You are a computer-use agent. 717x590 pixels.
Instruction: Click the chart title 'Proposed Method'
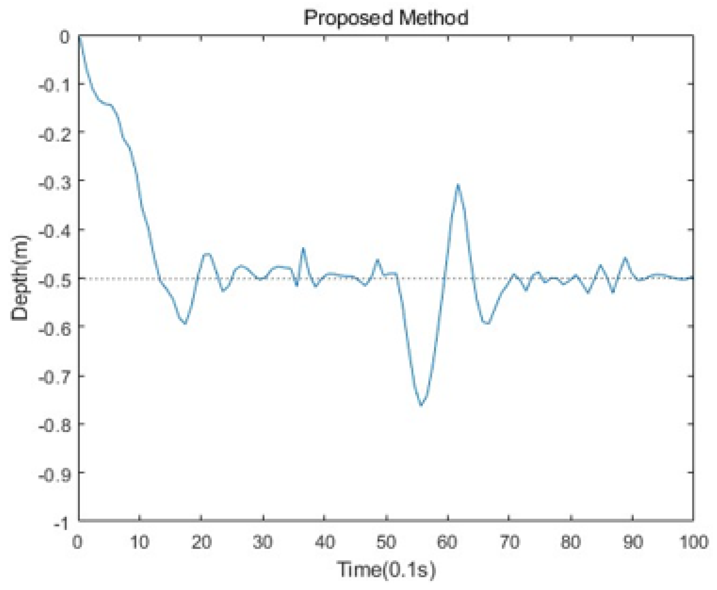pyautogui.click(x=386, y=18)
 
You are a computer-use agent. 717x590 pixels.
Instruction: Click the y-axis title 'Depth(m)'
pyautogui.click(x=20, y=278)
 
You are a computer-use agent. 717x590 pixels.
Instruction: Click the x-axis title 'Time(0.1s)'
pyautogui.click(x=386, y=569)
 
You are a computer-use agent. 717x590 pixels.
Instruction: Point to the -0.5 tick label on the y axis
pyautogui.click(x=54, y=279)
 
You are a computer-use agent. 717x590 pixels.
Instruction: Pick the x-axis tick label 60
pyautogui.click(x=447, y=542)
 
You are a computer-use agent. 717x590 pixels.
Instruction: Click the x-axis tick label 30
pyautogui.click(x=263, y=542)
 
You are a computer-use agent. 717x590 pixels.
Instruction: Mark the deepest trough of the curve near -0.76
pyautogui.click(x=421, y=405)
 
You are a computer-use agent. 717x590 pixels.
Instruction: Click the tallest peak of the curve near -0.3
pyautogui.click(x=457, y=185)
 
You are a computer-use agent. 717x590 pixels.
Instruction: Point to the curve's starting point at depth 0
pyautogui.click(x=79, y=36)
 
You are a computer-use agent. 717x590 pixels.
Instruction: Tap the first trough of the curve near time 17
pyautogui.click(x=185, y=323)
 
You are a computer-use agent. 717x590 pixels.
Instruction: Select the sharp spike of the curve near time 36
pyautogui.click(x=303, y=248)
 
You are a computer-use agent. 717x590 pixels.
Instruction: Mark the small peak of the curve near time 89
pyautogui.click(x=625, y=258)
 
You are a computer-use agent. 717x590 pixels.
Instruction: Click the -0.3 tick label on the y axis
pyautogui.click(x=54, y=182)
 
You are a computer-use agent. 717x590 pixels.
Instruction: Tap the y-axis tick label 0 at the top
pyautogui.click(x=64, y=37)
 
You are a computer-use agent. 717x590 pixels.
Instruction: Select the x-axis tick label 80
pyautogui.click(x=570, y=542)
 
